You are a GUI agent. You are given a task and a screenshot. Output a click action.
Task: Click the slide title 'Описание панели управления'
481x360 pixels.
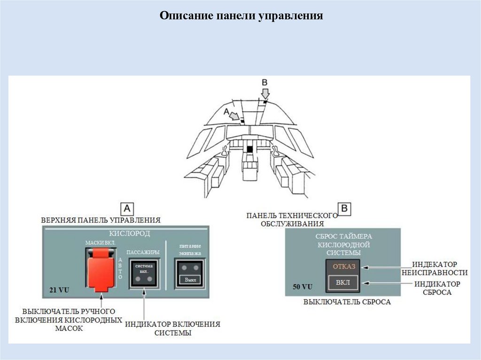tap(241, 16)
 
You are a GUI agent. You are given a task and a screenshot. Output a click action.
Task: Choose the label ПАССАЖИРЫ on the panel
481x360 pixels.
tap(143, 252)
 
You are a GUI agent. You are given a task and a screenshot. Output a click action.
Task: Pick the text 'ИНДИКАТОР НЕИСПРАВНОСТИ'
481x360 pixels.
tap(440, 268)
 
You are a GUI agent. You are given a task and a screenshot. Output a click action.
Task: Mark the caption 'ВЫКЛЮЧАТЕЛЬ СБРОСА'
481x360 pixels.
tap(347, 302)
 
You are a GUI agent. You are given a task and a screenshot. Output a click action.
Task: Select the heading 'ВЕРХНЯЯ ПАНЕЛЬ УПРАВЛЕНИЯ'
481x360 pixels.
tap(101, 220)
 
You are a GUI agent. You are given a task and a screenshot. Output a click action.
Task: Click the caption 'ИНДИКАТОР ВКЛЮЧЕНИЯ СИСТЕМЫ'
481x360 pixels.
tap(172, 329)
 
